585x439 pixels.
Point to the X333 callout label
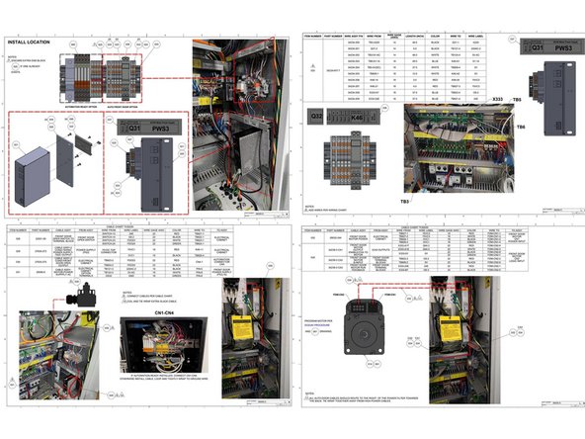[x=496, y=101]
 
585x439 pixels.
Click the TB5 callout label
[x=544, y=100]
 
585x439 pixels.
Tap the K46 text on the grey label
[x=357, y=117]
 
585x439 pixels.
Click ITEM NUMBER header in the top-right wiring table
[x=313, y=35]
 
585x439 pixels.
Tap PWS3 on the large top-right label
[x=563, y=46]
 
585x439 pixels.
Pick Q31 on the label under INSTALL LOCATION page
[x=125, y=127]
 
